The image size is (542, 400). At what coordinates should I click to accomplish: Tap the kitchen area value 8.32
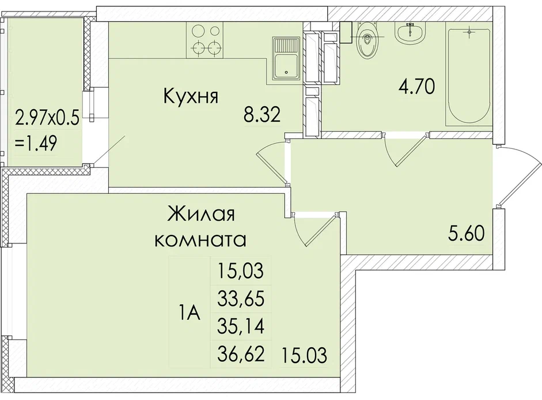[x=261, y=115]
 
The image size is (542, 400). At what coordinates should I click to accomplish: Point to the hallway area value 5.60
[x=467, y=233]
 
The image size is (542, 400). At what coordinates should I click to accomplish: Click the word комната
[x=201, y=240]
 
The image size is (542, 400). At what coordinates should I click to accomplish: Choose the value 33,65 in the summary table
[x=241, y=298]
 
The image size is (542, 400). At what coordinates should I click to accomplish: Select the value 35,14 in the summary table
[x=241, y=326]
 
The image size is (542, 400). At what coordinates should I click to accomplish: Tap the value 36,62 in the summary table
[x=241, y=354]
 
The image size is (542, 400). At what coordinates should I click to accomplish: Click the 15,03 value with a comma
[x=241, y=271]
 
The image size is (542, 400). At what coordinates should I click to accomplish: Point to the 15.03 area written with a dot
[x=304, y=356]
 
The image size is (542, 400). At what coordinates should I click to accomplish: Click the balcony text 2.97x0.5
[x=47, y=118]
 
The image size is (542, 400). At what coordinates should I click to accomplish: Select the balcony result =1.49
[x=36, y=143]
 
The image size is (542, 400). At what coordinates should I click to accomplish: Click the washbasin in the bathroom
[x=410, y=33]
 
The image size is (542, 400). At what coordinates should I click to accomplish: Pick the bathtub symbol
[x=469, y=74]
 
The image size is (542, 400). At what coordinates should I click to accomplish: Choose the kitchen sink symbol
[x=286, y=58]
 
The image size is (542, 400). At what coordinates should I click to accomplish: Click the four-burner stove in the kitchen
[x=204, y=40]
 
